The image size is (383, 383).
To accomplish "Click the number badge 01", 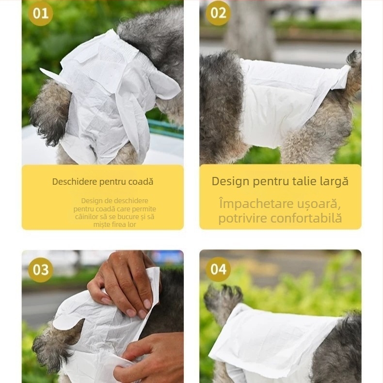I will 40,13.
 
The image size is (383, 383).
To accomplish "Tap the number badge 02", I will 218,13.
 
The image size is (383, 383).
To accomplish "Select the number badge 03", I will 40,270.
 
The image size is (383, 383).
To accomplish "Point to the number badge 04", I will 218,270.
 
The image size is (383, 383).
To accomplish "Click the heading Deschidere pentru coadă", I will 103,182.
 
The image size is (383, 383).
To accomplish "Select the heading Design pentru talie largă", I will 280,181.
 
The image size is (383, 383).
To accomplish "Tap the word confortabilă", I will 306,218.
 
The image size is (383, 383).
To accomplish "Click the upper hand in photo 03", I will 124,281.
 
